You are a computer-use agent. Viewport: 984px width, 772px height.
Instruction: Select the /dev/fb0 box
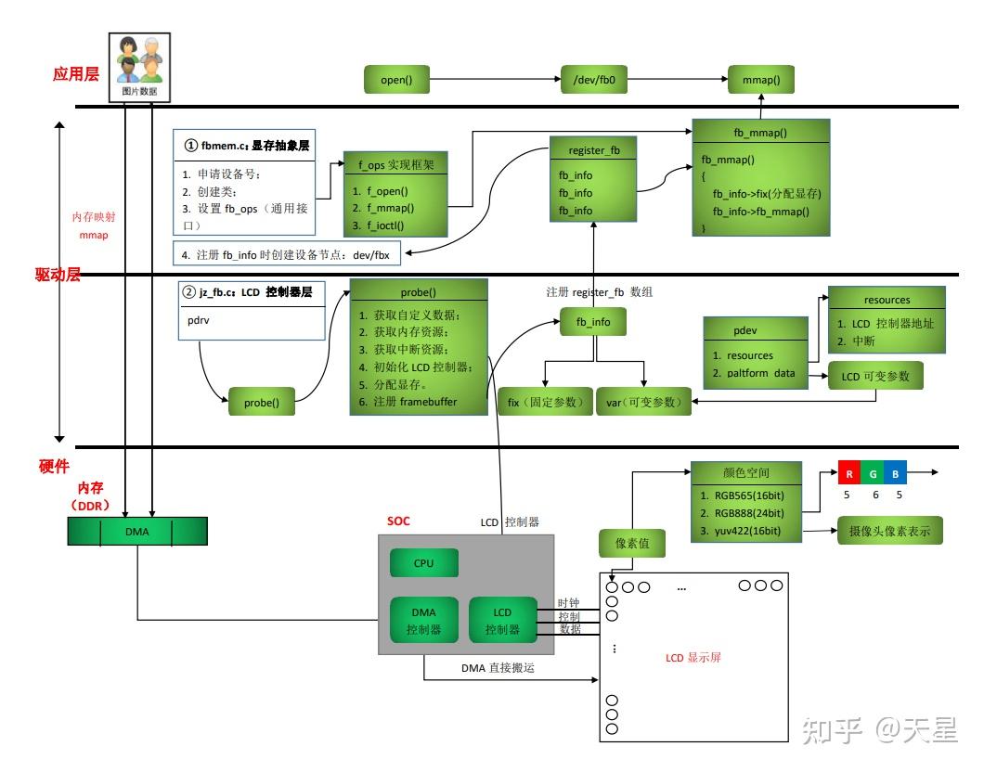(x=595, y=81)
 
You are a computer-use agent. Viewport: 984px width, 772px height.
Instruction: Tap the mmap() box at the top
(x=761, y=81)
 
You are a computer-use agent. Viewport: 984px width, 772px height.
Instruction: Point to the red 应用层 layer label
(x=76, y=74)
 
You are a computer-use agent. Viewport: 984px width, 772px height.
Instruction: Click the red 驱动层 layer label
(x=58, y=275)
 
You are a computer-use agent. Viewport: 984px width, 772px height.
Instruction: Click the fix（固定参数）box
(x=545, y=402)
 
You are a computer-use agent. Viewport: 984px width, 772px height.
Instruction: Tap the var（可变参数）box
(x=643, y=402)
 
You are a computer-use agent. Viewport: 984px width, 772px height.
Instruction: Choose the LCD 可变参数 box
(x=875, y=376)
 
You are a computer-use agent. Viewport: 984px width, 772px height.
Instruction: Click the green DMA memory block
(x=137, y=532)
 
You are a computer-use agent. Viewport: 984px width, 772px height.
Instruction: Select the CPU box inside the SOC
(x=423, y=563)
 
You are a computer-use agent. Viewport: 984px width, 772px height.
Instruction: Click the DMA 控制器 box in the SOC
(x=423, y=621)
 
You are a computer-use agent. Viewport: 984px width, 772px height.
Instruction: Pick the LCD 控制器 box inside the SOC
(x=502, y=621)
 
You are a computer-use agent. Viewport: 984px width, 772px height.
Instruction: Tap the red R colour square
(x=848, y=474)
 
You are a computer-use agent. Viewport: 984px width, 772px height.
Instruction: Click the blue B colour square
(x=894, y=474)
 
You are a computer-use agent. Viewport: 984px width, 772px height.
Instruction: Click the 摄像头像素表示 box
(x=883, y=531)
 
